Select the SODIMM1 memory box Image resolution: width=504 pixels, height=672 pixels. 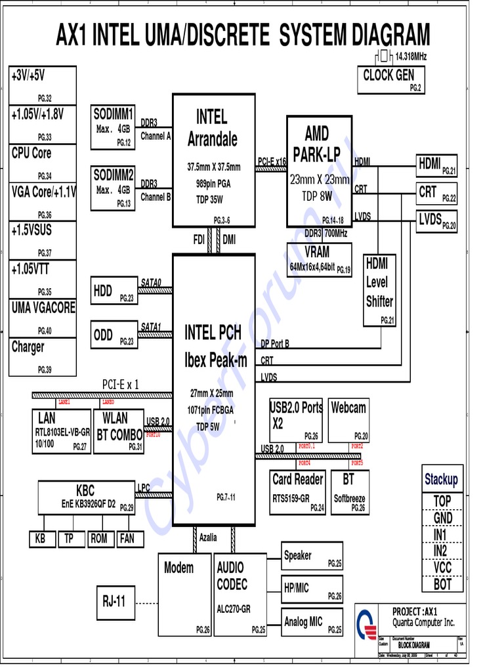click(x=114, y=127)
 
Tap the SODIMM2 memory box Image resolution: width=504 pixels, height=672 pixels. click(x=114, y=188)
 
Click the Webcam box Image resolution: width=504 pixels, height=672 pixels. click(x=348, y=419)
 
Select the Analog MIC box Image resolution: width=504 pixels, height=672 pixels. click(x=312, y=622)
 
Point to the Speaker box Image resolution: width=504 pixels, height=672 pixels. click(x=312, y=557)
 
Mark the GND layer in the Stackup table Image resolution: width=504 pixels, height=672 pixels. click(x=443, y=518)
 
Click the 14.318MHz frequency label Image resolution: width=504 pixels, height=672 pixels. click(x=411, y=57)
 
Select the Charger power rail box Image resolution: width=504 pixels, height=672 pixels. click(x=43, y=356)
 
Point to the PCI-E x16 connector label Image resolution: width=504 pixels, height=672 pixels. click(x=272, y=161)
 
